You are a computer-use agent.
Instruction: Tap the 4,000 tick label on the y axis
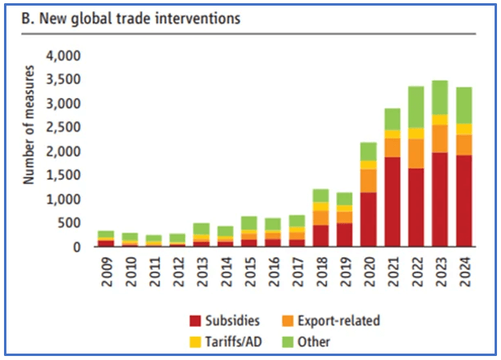[64, 56]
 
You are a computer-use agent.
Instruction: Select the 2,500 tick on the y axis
[64, 128]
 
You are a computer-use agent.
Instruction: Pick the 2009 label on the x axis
[106, 268]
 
